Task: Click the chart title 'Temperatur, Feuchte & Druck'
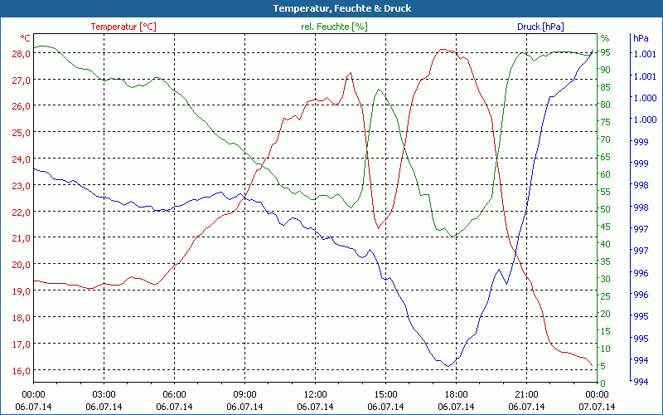[331, 8]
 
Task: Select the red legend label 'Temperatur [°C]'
[123, 27]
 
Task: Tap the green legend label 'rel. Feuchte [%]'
[334, 27]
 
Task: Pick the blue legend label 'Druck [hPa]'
[540, 27]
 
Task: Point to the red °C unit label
[26, 38]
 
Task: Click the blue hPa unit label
[641, 38]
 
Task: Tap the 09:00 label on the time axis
[244, 394]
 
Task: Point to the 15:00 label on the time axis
[385, 394]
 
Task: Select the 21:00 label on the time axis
[526, 394]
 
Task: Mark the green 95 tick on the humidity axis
[605, 52]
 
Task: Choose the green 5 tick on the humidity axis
[605, 366]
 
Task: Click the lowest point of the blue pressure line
[448, 366]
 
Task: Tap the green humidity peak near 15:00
[379, 90]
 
